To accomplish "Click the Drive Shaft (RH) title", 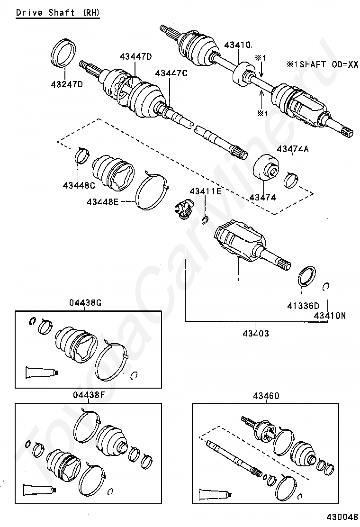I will coord(58,12).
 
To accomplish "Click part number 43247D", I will coord(67,85).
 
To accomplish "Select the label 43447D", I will coord(135,57).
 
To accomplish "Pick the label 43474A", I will coord(293,149).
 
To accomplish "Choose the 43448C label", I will coord(79,184).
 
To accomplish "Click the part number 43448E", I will coord(102,202).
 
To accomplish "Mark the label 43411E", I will coord(206,191).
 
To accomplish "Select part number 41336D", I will coord(303,306).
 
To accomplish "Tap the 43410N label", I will coord(330,315).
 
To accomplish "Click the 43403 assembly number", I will coord(254,333).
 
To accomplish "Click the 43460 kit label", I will coord(266,396).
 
